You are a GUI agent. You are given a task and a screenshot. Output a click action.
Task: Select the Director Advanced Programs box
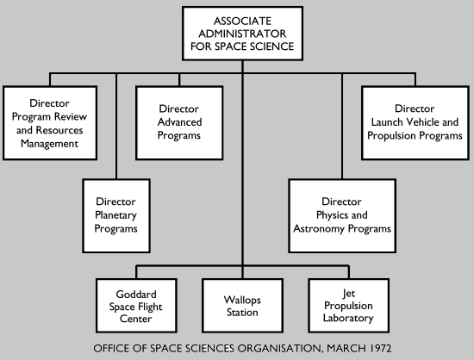click(x=180, y=122)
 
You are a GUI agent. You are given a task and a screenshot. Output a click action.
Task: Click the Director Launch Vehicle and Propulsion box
click(x=415, y=122)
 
